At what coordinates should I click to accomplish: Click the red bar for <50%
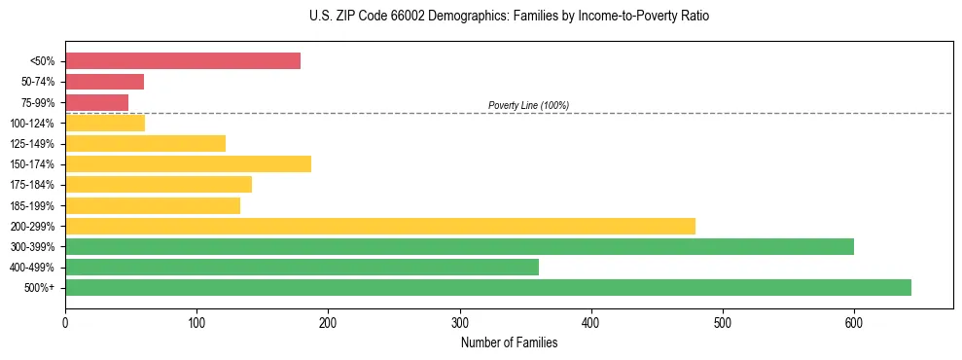pos(183,61)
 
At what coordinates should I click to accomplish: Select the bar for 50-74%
pos(104,82)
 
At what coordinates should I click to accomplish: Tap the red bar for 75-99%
pos(96,102)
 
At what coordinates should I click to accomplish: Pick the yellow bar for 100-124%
pos(105,123)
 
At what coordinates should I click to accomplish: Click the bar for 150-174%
pos(188,163)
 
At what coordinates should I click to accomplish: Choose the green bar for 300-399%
pos(459,246)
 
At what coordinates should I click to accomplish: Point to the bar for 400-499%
pos(302,267)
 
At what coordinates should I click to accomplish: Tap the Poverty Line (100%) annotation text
pos(528,105)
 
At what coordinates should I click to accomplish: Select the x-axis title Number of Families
pos(509,342)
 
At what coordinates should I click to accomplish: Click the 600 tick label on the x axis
pos(854,322)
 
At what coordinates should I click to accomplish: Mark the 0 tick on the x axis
pos(65,322)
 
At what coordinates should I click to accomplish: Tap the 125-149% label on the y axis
pos(32,144)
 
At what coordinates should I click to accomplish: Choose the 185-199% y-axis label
pos(32,205)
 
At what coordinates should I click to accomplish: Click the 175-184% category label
pos(32,185)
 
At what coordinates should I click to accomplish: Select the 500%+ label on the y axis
pos(39,288)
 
